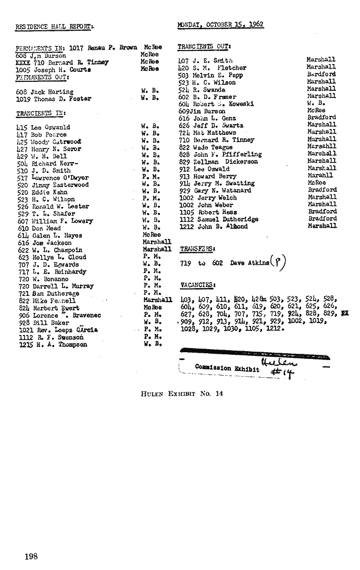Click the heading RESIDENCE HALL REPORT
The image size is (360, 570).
click(x=54, y=25)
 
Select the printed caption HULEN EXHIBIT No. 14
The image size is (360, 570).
click(x=182, y=393)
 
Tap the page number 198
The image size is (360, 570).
click(x=31, y=556)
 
